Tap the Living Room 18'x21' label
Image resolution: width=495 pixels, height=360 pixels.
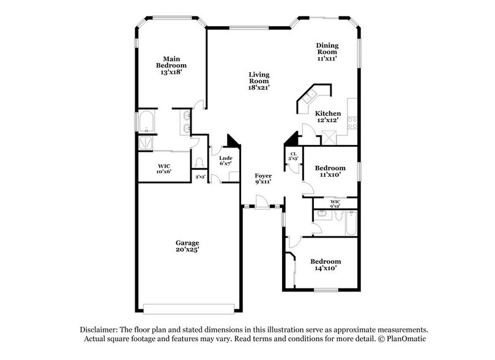point(259,81)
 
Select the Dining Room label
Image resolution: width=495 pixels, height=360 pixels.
point(327,51)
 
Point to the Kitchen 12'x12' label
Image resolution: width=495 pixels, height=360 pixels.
point(327,117)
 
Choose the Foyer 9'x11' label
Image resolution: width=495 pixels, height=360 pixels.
point(263,179)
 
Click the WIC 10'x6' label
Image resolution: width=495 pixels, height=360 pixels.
point(164,170)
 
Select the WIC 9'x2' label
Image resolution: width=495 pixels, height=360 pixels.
point(335,204)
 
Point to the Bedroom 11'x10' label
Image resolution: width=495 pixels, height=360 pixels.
point(330,171)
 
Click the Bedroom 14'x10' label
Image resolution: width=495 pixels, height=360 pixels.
point(325,264)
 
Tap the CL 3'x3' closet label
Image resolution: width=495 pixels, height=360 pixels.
point(293,157)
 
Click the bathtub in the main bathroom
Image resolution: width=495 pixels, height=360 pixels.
point(146,122)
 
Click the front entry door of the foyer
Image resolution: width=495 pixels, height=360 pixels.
point(262,203)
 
